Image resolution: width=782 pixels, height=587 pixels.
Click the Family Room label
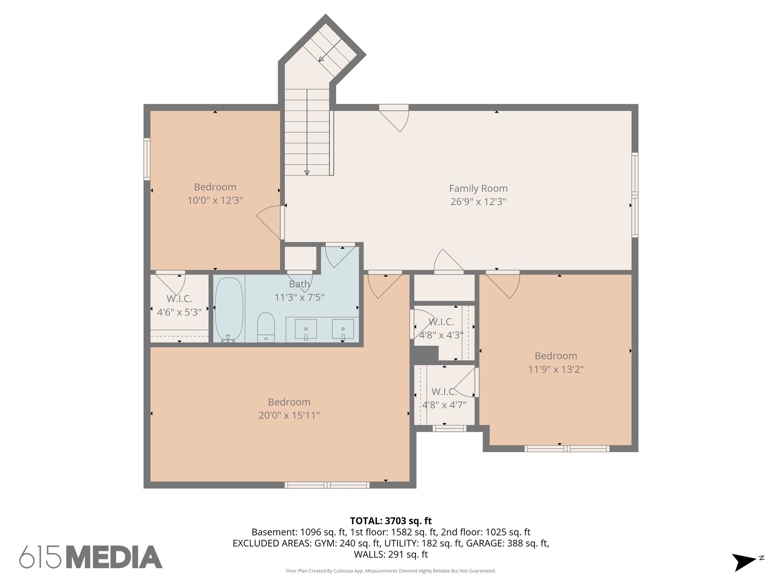[478, 188]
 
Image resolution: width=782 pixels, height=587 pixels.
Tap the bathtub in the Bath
[229, 309]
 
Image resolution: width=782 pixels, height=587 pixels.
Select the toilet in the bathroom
[266, 327]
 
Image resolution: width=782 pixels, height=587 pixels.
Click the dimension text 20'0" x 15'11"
[289, 415]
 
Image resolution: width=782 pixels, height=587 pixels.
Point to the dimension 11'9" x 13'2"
[556, 369]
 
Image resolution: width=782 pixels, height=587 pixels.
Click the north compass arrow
[743, 562]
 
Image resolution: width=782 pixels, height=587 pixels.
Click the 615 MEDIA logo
[91, 557]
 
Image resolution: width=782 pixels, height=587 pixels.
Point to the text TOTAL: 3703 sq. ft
[391, 521]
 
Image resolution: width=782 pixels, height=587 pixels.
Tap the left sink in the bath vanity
[306, 329]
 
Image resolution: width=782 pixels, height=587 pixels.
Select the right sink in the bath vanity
[343, 329]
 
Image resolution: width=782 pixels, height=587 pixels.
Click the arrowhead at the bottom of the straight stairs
[307, 173]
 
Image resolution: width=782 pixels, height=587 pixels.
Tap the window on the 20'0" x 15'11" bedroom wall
[327, 485]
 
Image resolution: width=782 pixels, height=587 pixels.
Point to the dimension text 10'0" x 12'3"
[215, 200]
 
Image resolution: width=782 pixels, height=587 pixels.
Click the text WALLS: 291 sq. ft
[391, 554]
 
